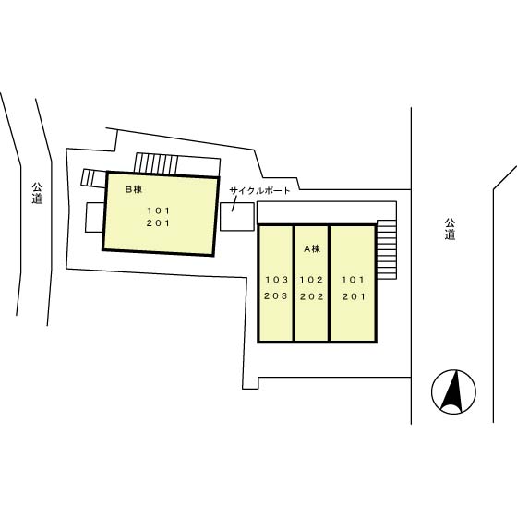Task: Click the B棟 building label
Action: coord(134,189)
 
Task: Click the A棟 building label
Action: coord(312,248)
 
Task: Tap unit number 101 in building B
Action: coord(158,210)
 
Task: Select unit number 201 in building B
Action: coord(158,223)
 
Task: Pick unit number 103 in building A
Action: coord(277,280)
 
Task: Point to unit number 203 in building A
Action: coord(276,295)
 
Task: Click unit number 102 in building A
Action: coord(311,280)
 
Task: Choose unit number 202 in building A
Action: coord(312,296)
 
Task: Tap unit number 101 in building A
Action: coord(353,280)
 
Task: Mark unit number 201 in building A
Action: coord(354,296)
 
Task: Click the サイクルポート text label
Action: coord(259,190)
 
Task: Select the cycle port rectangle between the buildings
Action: coord(237,217)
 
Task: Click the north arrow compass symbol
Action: coord(453,391)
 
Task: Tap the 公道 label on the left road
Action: coord(37,193)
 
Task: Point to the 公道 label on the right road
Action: coord(450,229)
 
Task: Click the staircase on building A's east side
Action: coord(387,249)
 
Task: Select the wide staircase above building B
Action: coord(156,162)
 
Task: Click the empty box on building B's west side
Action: coord(94,217)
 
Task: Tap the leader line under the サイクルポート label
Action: coord(234,204)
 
